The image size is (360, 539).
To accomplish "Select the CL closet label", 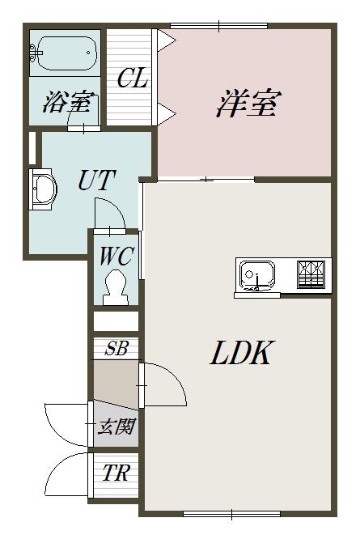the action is point(132,78).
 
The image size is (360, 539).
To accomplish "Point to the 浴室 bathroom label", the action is point(68,102).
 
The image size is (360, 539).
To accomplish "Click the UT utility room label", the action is point(95,180).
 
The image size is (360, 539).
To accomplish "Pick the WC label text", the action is point(116,256).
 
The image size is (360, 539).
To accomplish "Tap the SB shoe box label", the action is point(116,348).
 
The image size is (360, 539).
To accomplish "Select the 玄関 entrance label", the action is point(116,427).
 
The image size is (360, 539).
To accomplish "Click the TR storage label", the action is point(116,473).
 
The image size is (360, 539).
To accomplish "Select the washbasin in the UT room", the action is point(44,189).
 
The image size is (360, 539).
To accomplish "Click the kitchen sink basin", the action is point(257,275).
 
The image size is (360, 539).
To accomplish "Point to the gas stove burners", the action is point(311,274).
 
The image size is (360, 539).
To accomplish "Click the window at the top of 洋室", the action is point(218,26).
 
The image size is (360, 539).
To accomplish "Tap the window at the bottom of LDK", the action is point(232,514).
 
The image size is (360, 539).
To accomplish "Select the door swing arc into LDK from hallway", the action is point(176,376).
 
